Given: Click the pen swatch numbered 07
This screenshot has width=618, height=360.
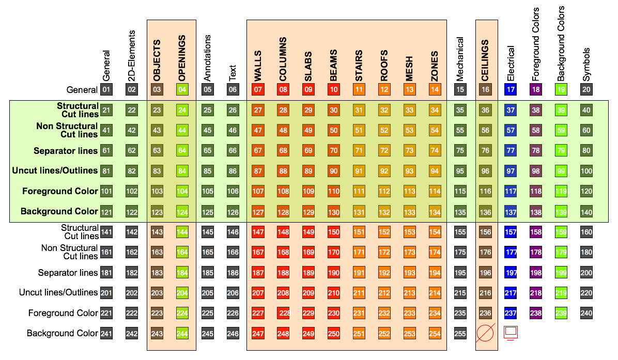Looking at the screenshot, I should [x=258, y=90].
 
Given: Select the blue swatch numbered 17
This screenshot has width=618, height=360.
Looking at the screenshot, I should [x=511, y=90].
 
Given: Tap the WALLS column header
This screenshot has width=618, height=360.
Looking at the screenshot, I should [x=258, y=66].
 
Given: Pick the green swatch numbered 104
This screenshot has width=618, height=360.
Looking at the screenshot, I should [x=182, y=191].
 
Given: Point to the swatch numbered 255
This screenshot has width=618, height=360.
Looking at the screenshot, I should [x=460, y=334].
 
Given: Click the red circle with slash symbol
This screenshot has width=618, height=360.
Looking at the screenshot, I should [x=485, y=334].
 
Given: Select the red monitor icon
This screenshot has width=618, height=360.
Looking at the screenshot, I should [x=511, y=333].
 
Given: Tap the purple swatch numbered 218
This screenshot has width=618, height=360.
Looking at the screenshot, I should [x=536, y=293].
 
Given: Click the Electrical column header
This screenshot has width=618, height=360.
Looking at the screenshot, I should [x=511, y=64].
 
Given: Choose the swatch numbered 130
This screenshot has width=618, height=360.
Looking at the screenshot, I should [x=333, y=211].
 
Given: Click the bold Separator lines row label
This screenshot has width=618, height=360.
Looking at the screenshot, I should [x=66, y=151].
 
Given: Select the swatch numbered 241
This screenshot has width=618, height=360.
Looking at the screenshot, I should [x=106, y=334].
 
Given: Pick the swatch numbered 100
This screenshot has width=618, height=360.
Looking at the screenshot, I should [x=586, y=171].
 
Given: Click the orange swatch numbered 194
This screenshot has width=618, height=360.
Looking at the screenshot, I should [x=435, y=273].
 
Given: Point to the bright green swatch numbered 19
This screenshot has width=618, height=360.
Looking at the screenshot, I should [x=561, y=90].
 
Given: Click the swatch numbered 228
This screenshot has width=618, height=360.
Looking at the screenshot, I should [x=283, y=314].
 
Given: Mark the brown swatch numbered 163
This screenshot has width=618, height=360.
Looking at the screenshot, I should [x=157, y=253].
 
